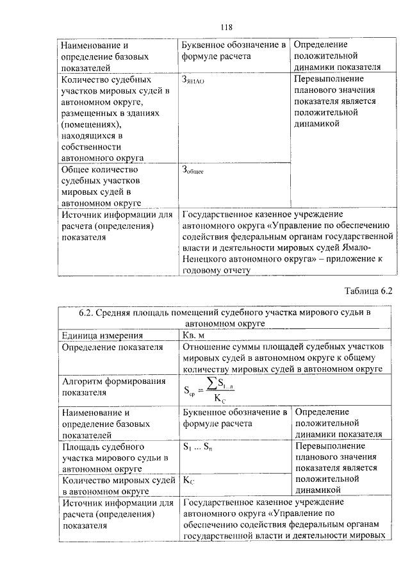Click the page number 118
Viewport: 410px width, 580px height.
coord(225,27)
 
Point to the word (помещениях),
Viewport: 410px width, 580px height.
coord(91,125)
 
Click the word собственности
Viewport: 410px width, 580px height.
coord(89,147)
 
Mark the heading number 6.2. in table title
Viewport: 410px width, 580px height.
coord(88,312)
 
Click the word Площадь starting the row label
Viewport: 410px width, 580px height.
coord(79,447)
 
